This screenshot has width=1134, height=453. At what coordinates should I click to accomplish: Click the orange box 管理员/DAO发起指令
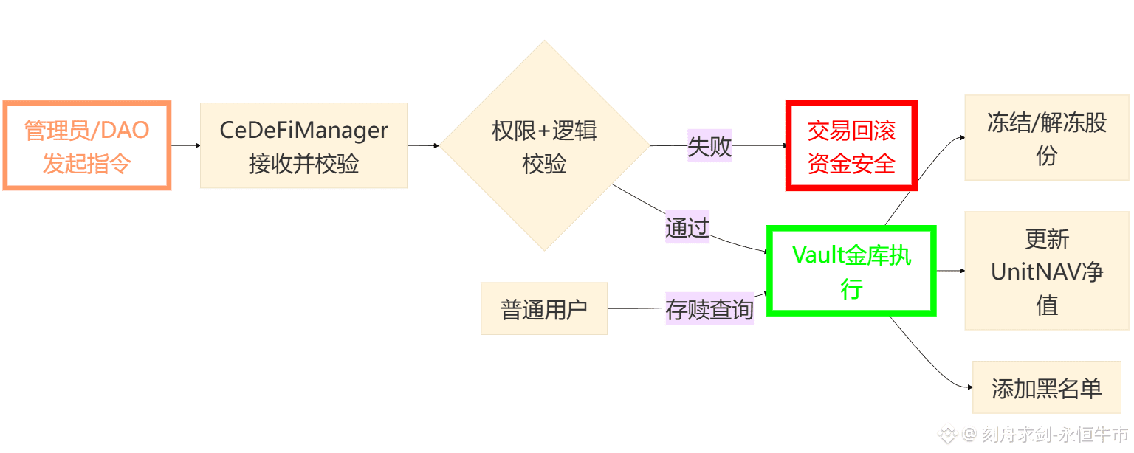pos(87,145)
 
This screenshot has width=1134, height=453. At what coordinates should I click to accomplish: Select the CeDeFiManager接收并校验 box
pos(303,145)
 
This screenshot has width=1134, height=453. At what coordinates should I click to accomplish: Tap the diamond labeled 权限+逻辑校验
pos(544,145)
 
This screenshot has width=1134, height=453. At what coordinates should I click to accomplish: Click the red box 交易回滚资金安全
pos(850,146)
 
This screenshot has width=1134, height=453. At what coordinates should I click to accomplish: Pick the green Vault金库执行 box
pos(851,271)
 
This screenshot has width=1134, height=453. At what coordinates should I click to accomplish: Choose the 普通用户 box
pos(543,308)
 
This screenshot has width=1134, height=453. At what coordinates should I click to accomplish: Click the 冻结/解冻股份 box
pos(1046,138)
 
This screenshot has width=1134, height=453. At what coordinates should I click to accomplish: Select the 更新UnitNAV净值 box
pos(1046,271)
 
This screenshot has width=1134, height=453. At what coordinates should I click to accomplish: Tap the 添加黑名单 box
pos(1046,387)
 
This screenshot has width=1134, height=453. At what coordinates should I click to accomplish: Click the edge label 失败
pos(709,145)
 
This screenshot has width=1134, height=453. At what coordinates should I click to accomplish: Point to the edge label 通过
pos(687,227)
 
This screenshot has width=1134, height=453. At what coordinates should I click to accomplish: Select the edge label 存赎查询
pos(709,308)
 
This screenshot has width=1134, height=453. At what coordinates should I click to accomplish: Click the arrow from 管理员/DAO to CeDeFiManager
pos(185,145)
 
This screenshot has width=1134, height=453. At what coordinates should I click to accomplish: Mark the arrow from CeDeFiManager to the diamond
pos(424,145)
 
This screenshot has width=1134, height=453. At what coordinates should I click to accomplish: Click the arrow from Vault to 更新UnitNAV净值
pos(951,271)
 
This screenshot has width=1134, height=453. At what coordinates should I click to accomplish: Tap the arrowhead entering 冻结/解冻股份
pos(961,136)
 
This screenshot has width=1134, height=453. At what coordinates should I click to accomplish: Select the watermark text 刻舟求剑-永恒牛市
pos(1055,434)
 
